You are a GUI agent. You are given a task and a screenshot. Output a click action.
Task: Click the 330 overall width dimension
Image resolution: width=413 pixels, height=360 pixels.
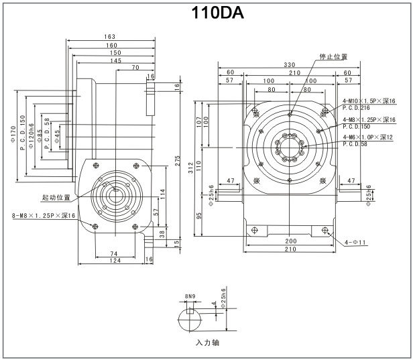point(290,64)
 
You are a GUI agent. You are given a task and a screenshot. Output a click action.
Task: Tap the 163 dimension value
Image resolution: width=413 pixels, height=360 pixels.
point(110,36)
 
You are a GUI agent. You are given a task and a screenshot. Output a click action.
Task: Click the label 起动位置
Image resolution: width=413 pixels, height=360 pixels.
point(56,197)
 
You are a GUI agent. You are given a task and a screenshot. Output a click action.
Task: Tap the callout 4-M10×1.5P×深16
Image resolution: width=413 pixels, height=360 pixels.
point(368,101)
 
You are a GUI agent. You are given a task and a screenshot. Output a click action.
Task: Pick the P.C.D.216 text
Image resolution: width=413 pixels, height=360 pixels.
point(356,108)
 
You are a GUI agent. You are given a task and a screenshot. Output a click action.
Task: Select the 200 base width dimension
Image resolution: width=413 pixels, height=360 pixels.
point(290,241)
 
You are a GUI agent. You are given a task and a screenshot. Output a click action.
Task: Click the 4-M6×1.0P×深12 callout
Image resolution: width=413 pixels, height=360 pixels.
point(369,137)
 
